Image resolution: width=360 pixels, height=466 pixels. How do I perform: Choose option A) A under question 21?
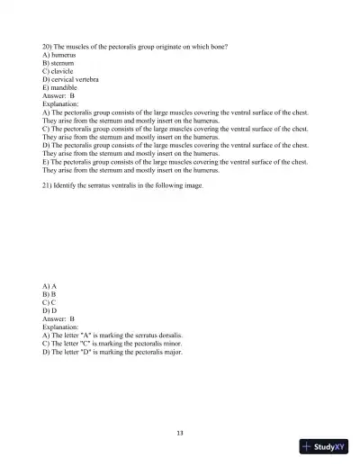pyautogui.click(x=49, y=285)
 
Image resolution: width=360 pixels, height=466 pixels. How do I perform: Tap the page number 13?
pyautogui.click(x=180, y=433)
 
